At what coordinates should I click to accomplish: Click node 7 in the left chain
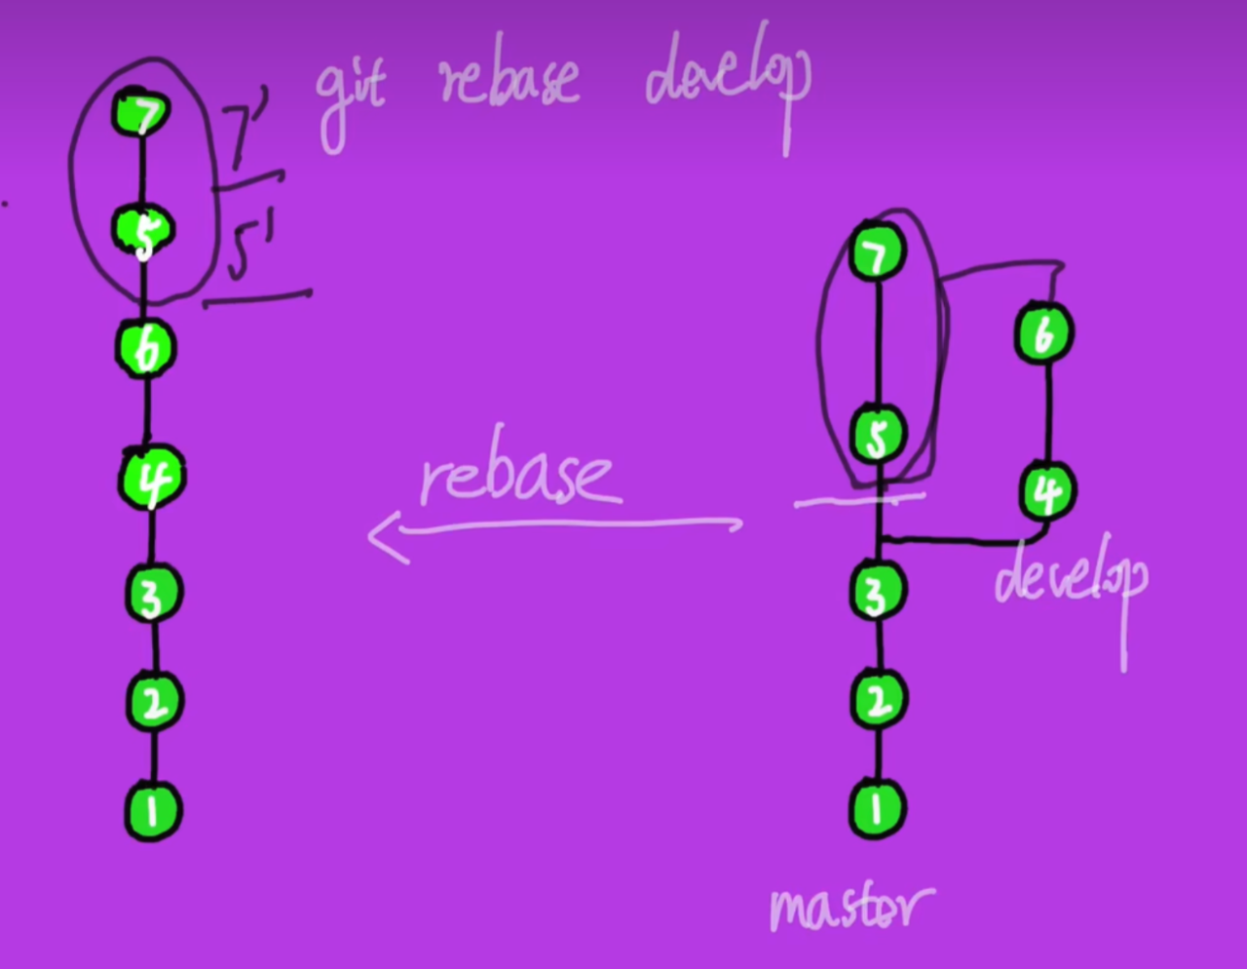(x=141, y=114)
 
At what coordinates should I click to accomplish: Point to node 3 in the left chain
(x=153, y=594)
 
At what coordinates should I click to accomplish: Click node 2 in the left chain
(x=154, y=702)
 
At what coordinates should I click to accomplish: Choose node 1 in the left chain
(x=154, y=810)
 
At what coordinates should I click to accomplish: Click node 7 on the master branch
(x=877, y=253)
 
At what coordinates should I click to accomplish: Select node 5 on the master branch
(x=877, y=435)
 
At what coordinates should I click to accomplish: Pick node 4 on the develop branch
(x=1046, y=491)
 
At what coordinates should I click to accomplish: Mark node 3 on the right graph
(x=877, y=593)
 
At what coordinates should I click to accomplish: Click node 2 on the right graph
(x=878, y=700)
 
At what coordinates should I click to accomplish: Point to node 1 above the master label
(x=877, y=809)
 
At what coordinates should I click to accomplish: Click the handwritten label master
(x=850, y=907)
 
